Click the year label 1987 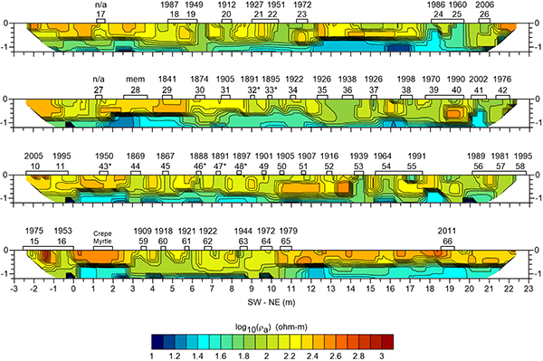point(169,5)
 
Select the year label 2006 point(484,5)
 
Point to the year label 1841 point(167,80)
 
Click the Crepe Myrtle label point(103,238)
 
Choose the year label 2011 point(446,231)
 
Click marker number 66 point(446,242)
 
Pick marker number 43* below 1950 point(104,166)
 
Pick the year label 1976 point(502,80)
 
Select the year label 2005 point(34,156)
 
